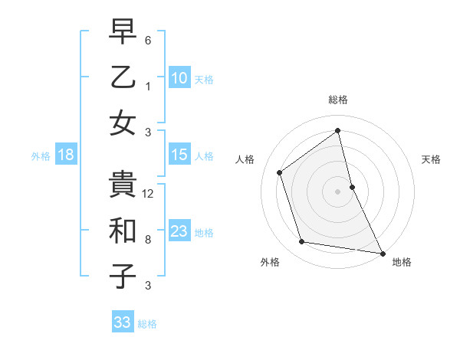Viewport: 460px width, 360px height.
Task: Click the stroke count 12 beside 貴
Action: pos(149,194)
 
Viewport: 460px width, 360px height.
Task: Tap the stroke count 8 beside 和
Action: pos(148,240)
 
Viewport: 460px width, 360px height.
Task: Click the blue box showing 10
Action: pos(179,77)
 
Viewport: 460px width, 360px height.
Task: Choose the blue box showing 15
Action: pos(179,155)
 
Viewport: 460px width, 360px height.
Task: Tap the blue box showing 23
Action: pos(179,231)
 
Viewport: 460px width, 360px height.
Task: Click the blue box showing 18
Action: pos(65,155)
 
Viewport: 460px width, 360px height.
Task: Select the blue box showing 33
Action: pos(122,322)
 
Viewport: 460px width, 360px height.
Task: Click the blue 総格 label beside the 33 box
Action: pos(147,324)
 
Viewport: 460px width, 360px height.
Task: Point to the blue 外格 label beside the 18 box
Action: pos(41,156)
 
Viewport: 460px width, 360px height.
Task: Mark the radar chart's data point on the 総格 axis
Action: pos(337,131)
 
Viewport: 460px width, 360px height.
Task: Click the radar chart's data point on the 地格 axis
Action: pos(382,252)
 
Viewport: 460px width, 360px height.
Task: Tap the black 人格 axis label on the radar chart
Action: pos(245,159)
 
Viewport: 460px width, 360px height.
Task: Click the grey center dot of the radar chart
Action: pos(337,191)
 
